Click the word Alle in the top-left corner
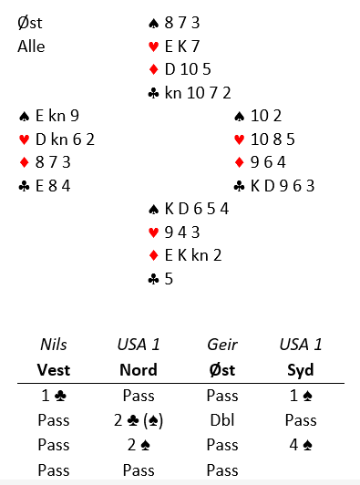click(x=31, y=46)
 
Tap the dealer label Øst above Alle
click(x=30, y=23)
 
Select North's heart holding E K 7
click(x=182, y=46)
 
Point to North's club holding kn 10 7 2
click(x=198, y=93)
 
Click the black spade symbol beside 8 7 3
click(x=154, y=24)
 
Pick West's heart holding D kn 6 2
click(x=65, y=139)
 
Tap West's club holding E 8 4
click(x=53, y=186)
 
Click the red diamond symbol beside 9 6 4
click(x=240, y=162)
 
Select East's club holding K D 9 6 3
click(x=283, y=186)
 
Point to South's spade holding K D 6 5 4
click(x=197, y=209)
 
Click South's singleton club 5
click(x=169, y=279)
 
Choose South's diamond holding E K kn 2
click(x=193, y=255)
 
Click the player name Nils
click(x=54, y=345)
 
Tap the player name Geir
click(x=222, y=345)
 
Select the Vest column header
click(x=54, y=369)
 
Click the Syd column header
click(x=301, y=370)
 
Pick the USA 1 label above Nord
click(x=139, y=345)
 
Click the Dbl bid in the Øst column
click(x=222, y=420)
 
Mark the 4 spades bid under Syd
click(x=301, y=445)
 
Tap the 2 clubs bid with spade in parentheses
click(x=139, y=420)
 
